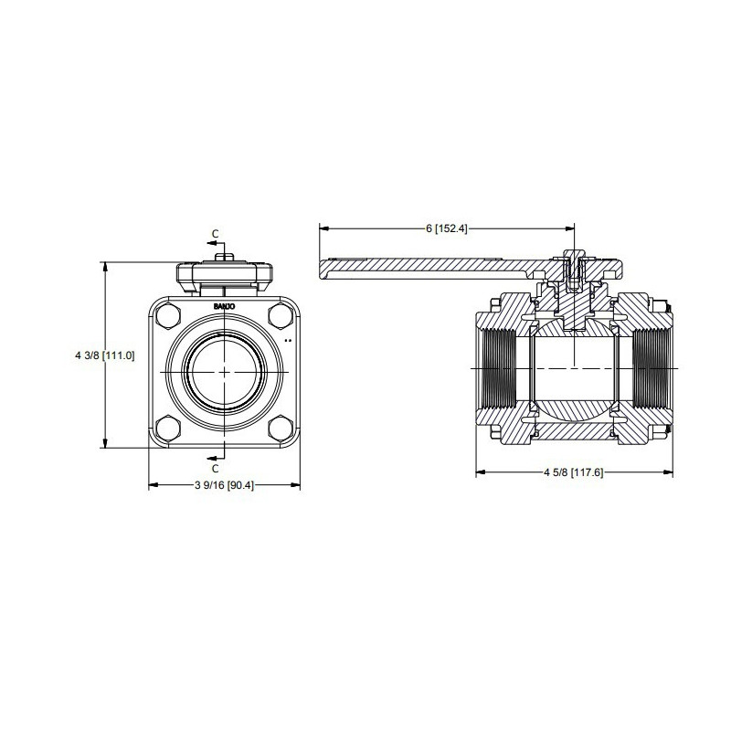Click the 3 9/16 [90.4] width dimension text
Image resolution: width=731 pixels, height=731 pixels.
pyautogui.click(x=225, y=484)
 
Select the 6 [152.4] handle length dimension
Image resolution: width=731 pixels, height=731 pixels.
pyautogui.click(x=447, y=228)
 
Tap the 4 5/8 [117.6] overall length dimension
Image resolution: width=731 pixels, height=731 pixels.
pyautogui.click(x=574, y=472)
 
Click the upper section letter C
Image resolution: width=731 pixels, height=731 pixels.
pyautogui.click(x=216, y=234)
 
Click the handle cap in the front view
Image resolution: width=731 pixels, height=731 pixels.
pyautogui.click(x=225, y=272)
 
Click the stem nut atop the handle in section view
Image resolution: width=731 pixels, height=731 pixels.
pyautogui.click(x=574, y=257)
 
